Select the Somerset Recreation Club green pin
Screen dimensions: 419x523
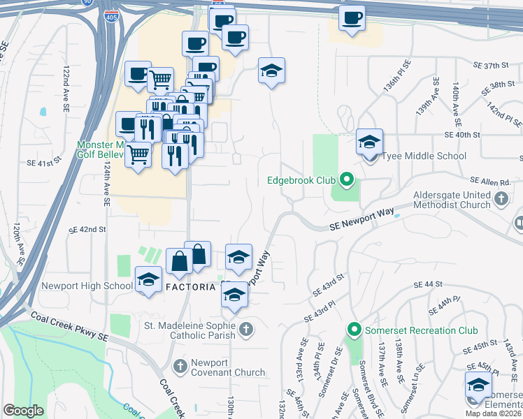(354, 330)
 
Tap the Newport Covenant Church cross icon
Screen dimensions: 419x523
(180, 366)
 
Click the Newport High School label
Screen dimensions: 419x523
(87, 286)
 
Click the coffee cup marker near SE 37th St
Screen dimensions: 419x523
(352, 18)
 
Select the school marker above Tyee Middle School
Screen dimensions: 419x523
(369, 142)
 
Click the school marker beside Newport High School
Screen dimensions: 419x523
(148, 281)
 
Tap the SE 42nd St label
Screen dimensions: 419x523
(87, 229)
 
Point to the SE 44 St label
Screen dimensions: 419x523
(429, 285)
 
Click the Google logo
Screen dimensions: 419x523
(23, 411)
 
